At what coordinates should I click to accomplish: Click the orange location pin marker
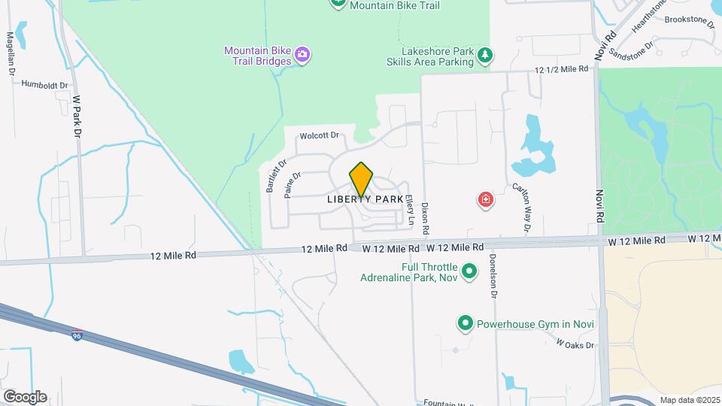(361, 179)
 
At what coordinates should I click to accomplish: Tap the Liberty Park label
(366, 200)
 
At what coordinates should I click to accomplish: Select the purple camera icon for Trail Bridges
(302, 53)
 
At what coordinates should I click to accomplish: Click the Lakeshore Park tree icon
(486, 54)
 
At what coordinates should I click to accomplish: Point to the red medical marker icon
(487, 200)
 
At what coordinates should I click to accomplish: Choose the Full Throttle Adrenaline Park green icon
(469, 271)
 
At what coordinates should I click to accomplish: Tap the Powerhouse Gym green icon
(465, 324)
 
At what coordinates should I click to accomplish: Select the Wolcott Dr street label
(320, 136)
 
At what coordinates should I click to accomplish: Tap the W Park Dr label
(76, 116)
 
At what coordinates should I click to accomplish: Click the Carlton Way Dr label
(522, 206)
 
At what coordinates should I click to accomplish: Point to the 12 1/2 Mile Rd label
(560, 68)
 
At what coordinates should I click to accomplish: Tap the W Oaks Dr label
(575, 344)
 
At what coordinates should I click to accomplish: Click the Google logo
(25, 397)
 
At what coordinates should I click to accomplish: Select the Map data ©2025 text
(689, 400)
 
